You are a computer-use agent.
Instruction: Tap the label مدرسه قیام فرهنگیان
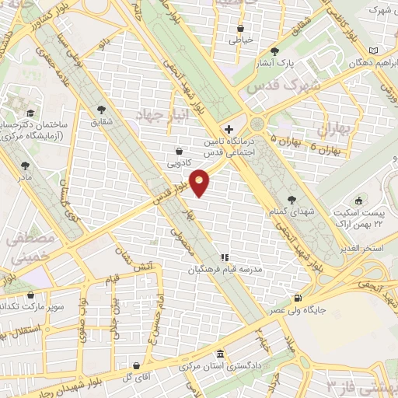click(225, 271)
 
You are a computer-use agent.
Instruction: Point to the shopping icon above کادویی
click(180, 151)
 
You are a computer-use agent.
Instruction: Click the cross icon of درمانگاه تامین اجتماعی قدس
click(228, 129)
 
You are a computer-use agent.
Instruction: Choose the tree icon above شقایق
click(100, 110)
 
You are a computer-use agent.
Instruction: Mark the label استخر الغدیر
click(369, 247)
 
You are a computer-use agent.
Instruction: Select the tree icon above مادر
click(26, 165)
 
